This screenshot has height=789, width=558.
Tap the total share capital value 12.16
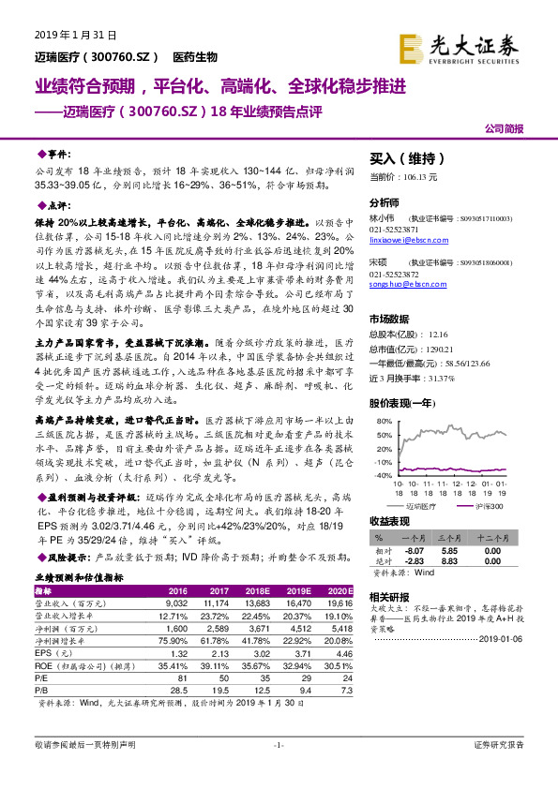tap(439, 333)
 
